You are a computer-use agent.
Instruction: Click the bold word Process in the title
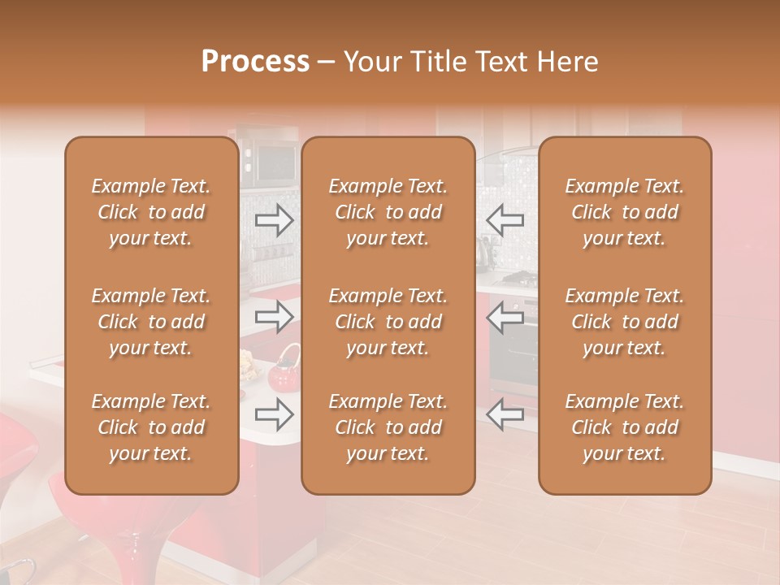click(255, 62)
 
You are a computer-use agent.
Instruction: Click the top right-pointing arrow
click(275, 219)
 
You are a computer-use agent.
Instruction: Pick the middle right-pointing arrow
click(275, 317)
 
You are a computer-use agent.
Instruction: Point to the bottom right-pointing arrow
click(275, 414)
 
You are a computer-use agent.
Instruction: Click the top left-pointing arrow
click(505, 219)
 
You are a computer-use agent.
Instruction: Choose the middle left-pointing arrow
click(505, 317)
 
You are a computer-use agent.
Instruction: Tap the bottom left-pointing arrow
click(505, 414)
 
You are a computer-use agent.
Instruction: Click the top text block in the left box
click(151, 212)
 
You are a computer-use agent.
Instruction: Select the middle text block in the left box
click(151, 322)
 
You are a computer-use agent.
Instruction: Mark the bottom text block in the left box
click(151, 427)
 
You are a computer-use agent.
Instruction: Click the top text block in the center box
click(388, 212)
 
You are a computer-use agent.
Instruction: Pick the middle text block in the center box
click(388, 322)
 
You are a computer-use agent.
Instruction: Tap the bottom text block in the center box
click(388, 427)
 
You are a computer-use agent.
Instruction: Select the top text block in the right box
click(625, 212)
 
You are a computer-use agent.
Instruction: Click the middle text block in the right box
click(625, 322)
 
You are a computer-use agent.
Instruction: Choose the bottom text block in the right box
click(625, 427)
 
